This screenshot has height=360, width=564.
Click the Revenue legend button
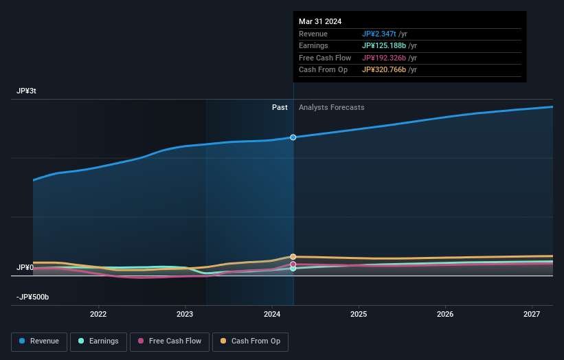coord(40,341)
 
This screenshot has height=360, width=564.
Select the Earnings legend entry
coord(98,341)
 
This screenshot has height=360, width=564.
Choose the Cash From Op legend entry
coord(251,341)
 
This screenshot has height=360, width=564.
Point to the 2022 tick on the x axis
coord(98,314)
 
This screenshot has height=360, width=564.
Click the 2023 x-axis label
coord(185,314)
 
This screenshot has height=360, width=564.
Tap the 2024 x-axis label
coord(272,314)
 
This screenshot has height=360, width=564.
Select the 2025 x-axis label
coord(359,314)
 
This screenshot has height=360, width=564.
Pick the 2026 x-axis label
coord(445,314)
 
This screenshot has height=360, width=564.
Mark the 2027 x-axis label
coord(532,314)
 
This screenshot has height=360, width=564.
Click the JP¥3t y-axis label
coord(27,91)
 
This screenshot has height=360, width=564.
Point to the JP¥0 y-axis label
coord(25,267)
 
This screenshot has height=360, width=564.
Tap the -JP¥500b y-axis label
coord(33,297)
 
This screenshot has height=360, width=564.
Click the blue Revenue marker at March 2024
coord(293,137)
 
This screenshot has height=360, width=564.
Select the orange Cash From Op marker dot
coord(293,257)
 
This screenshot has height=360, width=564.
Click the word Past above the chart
coord(280,107)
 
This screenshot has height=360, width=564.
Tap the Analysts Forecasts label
coord(331,107)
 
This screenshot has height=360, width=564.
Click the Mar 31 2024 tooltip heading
coord(320,21)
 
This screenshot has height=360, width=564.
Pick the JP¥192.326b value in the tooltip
coord(385,58)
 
